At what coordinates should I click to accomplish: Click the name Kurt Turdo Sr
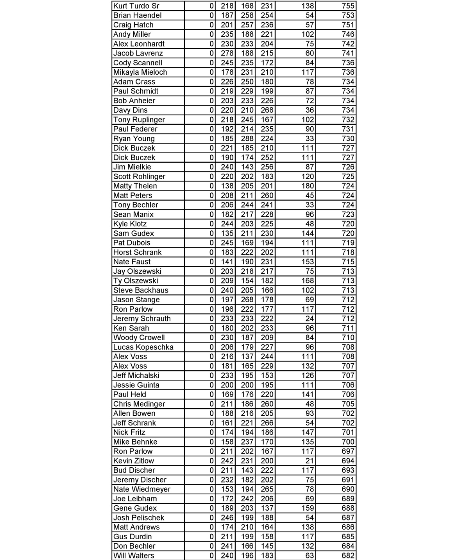point(136,6)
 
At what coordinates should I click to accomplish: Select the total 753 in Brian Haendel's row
point(348,15)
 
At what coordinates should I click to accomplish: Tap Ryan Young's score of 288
point(247,138)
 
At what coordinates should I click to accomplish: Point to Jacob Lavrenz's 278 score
point(227,53)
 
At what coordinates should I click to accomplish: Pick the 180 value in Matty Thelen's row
point(308,186)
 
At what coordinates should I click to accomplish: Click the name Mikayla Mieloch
point(140,72)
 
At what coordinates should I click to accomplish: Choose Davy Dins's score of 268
point(267,110)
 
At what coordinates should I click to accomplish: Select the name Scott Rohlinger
point(139,176)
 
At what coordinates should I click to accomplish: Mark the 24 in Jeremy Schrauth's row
point(310,319)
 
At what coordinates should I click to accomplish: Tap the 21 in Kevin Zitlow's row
point(310,461)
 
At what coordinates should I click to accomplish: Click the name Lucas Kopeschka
point(143,347)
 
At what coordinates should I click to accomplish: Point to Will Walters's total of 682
point(348,556)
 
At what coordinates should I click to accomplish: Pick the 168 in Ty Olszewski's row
point(308,281)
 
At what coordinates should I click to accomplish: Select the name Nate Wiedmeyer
point(142,489)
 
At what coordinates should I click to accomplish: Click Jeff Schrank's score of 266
point(267,423)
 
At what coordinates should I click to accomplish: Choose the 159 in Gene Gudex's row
point(308,508)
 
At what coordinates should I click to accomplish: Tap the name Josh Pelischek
point(139,518)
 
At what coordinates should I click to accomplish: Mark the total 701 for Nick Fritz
point(348,432)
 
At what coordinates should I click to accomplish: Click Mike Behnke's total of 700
point(348,442)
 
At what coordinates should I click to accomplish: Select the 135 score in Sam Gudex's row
point(227,233)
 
